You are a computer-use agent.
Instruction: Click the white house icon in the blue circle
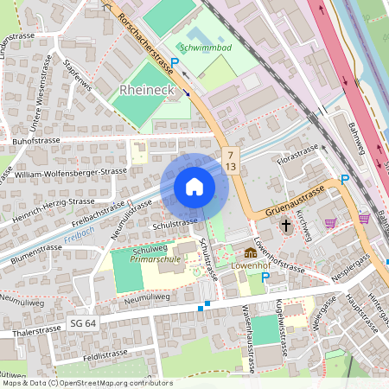coord(194,187)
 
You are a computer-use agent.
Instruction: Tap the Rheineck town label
coord(149,90)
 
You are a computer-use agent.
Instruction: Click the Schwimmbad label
coord(205,49)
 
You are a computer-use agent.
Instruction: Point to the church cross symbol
coord(285,226)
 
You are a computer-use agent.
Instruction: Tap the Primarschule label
coord(155,258)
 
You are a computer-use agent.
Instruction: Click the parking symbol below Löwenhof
coord(265,277)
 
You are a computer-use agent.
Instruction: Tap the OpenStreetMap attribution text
coord(86,383)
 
